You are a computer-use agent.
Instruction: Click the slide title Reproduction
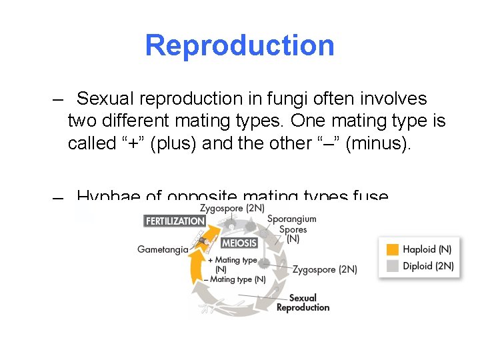click(x=239, y=45)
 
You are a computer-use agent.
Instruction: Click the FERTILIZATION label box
click(x=175, y=221)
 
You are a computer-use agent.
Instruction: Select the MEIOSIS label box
click(x=239, y=243)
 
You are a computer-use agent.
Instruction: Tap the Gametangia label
click(x=163, y=249)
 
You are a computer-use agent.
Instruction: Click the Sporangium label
click(x=291, y=219)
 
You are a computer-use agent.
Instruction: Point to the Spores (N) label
click(x=293, y=234)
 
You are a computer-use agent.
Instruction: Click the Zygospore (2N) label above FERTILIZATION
click(x=227, y=208)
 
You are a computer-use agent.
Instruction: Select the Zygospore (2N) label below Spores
click(x=324, y=269)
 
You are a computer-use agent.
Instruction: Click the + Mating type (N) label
click(x=233, y=264)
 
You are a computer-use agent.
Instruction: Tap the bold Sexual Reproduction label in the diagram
click(x=303, y=303)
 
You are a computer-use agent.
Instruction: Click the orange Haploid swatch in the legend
click(x=392, y=249)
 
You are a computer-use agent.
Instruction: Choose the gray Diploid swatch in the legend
click(x=392, y=265)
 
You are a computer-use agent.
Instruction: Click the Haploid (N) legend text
click(x=427, y=249)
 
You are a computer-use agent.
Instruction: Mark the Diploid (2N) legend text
click(x=428, y=265)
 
